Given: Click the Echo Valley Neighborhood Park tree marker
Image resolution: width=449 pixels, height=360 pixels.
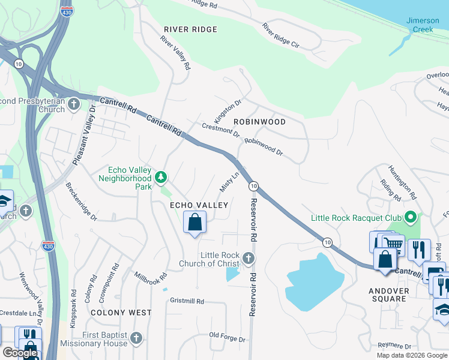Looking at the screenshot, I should (x=160, y=177).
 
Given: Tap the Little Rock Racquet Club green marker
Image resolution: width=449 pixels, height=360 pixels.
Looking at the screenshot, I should (x=411, y=217).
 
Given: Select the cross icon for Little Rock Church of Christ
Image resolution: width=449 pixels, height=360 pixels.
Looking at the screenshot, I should (x=249, y=259).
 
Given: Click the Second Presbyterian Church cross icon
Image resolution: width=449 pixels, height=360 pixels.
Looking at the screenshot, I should (x=73, y=105).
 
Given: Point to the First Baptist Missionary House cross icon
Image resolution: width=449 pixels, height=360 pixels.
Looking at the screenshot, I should (x=137, y=338).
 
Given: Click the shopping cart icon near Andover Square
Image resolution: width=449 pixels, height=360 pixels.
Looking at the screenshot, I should (x=393, y=244).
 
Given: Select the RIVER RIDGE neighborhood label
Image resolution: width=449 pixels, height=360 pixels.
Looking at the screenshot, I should (x=190, y=29).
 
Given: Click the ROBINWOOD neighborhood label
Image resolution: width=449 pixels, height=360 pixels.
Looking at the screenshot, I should (x=259, y=122).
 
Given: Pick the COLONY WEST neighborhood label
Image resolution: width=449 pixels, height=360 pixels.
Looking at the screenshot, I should (x=121, y=313).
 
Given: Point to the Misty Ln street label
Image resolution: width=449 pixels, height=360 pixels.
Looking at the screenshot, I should (x=229, y=181).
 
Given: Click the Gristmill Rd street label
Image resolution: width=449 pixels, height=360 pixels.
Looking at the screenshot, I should (x=187, y=301).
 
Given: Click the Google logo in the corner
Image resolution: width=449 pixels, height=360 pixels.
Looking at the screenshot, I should (x=20, y=353).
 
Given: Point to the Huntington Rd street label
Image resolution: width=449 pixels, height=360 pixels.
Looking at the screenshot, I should (x=402, y=182).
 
